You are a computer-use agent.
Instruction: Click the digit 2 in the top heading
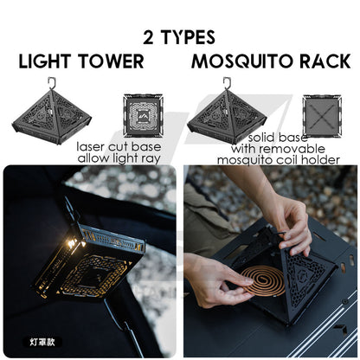coord(148,37)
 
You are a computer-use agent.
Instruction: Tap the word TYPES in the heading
coord(188,37)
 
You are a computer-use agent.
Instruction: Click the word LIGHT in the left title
coord(45,61)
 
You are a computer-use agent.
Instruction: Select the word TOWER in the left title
coord(112,61)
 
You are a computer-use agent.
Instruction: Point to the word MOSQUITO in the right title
coord(243,61)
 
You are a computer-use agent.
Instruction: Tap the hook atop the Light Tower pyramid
coord(52,82)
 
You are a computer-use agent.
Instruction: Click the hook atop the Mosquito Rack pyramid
coord(227,82)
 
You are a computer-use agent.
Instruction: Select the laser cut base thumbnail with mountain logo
coord(144,115)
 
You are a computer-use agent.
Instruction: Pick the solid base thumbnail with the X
coord(322,116)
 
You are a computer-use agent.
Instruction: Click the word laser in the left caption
coord(91,147)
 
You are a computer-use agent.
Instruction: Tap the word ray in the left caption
coord(152,158)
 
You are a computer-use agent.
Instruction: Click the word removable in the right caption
coord(297,149)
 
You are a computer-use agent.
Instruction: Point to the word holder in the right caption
coord(323,159)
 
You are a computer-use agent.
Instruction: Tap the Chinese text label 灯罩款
coord(42,342)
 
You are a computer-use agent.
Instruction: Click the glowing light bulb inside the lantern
coord(71,244)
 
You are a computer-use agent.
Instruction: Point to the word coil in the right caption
coord(293,159)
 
